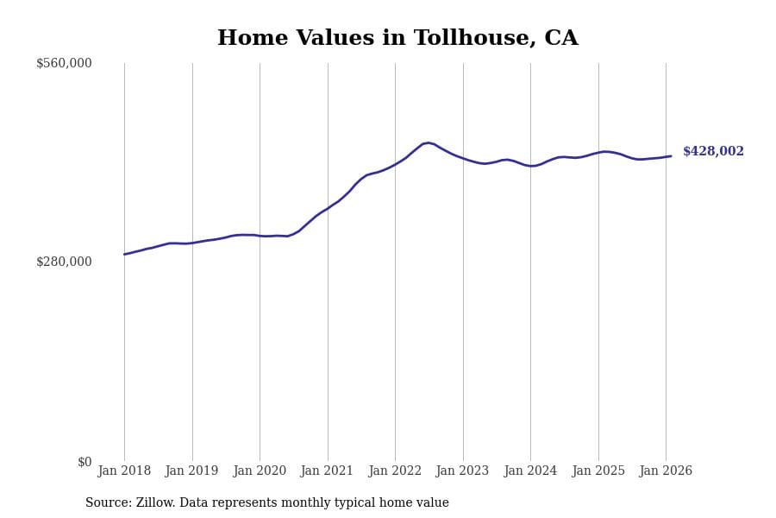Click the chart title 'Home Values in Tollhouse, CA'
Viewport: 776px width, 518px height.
click(x=397, y=39)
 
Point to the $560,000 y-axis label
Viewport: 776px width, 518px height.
click(x=64, y=63)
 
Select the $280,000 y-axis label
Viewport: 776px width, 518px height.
click(x=64, y=262)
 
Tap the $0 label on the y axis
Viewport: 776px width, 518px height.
click(x=84, y=462)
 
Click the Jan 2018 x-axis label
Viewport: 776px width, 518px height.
click(x=124, y=471)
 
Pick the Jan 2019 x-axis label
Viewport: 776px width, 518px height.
click(x=191, y=471)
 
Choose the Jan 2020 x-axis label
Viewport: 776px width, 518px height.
click(x=260, y=471)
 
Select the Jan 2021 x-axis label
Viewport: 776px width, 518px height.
click(x=327, y=471)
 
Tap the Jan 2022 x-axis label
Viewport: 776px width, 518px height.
click(x=395, y=471)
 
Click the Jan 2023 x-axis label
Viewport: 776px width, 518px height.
click(x=462, y=471)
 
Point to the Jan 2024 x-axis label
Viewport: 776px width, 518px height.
click(x=530, y=471)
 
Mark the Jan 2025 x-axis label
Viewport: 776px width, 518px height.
click(x=598, y=471)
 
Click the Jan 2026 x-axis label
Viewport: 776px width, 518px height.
click(x=666, y=471)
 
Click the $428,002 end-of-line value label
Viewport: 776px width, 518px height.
click(x=713, y=152)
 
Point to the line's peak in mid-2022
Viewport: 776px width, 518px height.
click(x=429, y=142)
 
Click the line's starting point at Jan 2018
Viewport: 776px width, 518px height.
click(x=124, y=254)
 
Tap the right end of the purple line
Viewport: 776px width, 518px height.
click(x=671, y=156)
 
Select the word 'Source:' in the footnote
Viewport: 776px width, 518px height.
click(x=108, y=503)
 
